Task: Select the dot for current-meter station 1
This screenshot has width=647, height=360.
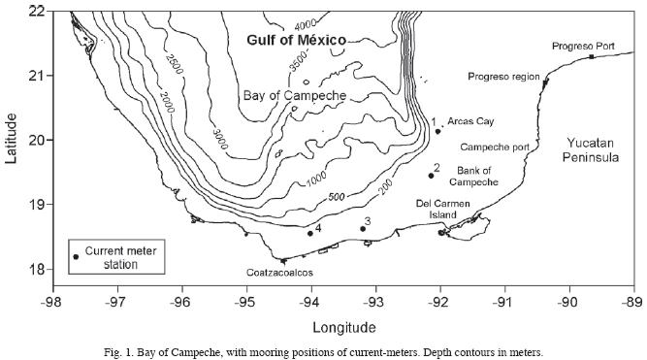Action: (437, 130)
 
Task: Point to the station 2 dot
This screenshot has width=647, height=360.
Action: (431, 176)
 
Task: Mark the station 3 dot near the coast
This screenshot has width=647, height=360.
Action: (363, 229)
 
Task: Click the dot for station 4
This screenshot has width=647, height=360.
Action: (310, 233)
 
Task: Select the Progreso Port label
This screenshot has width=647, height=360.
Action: (584, 46)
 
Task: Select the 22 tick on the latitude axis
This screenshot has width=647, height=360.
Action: (36, 11)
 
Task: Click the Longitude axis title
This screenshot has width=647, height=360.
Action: (343, 326)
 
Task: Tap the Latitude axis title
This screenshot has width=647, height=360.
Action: (11, 139)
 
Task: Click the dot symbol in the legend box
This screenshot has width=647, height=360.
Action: (76, 256)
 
